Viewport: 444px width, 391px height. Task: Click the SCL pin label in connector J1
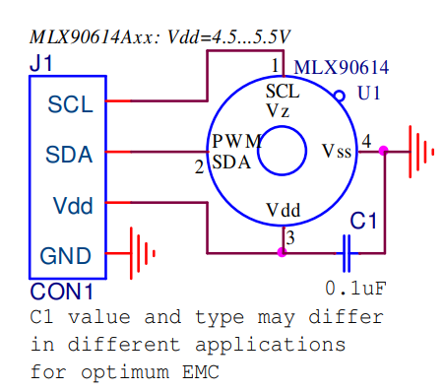pos(68,102)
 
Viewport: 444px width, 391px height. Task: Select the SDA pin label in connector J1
pos(68,154)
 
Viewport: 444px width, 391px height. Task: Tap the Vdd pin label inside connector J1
pos(72,206)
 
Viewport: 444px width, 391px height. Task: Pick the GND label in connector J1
pos(66,256)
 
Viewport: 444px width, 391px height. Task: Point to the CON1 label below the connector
pos(61,293)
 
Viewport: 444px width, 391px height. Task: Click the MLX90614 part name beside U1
pos(342,68)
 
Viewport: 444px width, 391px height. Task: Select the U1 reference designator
pos(369,96)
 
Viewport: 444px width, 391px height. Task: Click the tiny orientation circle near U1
pos(340,97)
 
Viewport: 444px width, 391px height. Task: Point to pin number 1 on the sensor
pos(277,65)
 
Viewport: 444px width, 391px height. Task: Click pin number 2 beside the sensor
pos(199,166)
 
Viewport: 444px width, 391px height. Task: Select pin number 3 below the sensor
pos(288,237)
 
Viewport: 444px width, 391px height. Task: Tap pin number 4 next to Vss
pos(366,141)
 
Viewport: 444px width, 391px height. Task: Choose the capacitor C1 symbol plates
pos(347,253)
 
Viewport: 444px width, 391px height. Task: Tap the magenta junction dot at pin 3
pos(282,253)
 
